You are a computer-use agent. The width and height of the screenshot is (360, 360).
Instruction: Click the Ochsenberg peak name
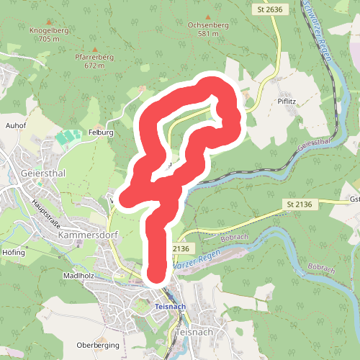pyautogui.click(x=208, y=24)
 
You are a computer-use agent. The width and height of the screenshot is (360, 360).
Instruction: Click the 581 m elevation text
pyautogui.click(x=208, y=33)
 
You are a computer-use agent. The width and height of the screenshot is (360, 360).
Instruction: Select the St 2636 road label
pyautogui.click(x=266, y=9)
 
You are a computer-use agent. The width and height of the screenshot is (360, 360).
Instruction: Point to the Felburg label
pyautogui.click(x=101, y=132)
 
